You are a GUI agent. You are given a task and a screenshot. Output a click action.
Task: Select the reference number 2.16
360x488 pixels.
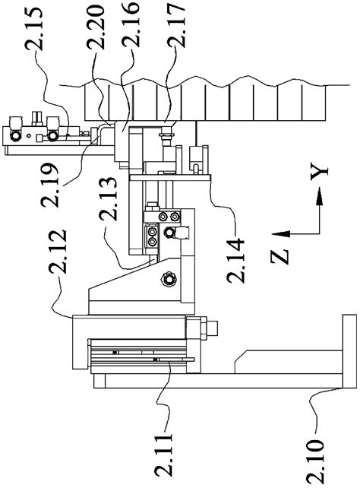[131, 24]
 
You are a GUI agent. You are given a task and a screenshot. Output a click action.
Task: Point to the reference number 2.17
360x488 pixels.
[176, 24]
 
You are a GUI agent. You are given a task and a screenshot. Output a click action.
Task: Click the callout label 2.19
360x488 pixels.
[49, 185]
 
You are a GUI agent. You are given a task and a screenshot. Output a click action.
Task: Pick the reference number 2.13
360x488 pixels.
[108, 198]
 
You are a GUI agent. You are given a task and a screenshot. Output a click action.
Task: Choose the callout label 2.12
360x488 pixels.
[58, 252]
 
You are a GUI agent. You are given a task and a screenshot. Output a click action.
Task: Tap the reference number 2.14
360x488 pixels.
[235, 260]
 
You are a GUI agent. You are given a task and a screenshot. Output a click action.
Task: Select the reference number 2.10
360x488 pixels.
[315, 461]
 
